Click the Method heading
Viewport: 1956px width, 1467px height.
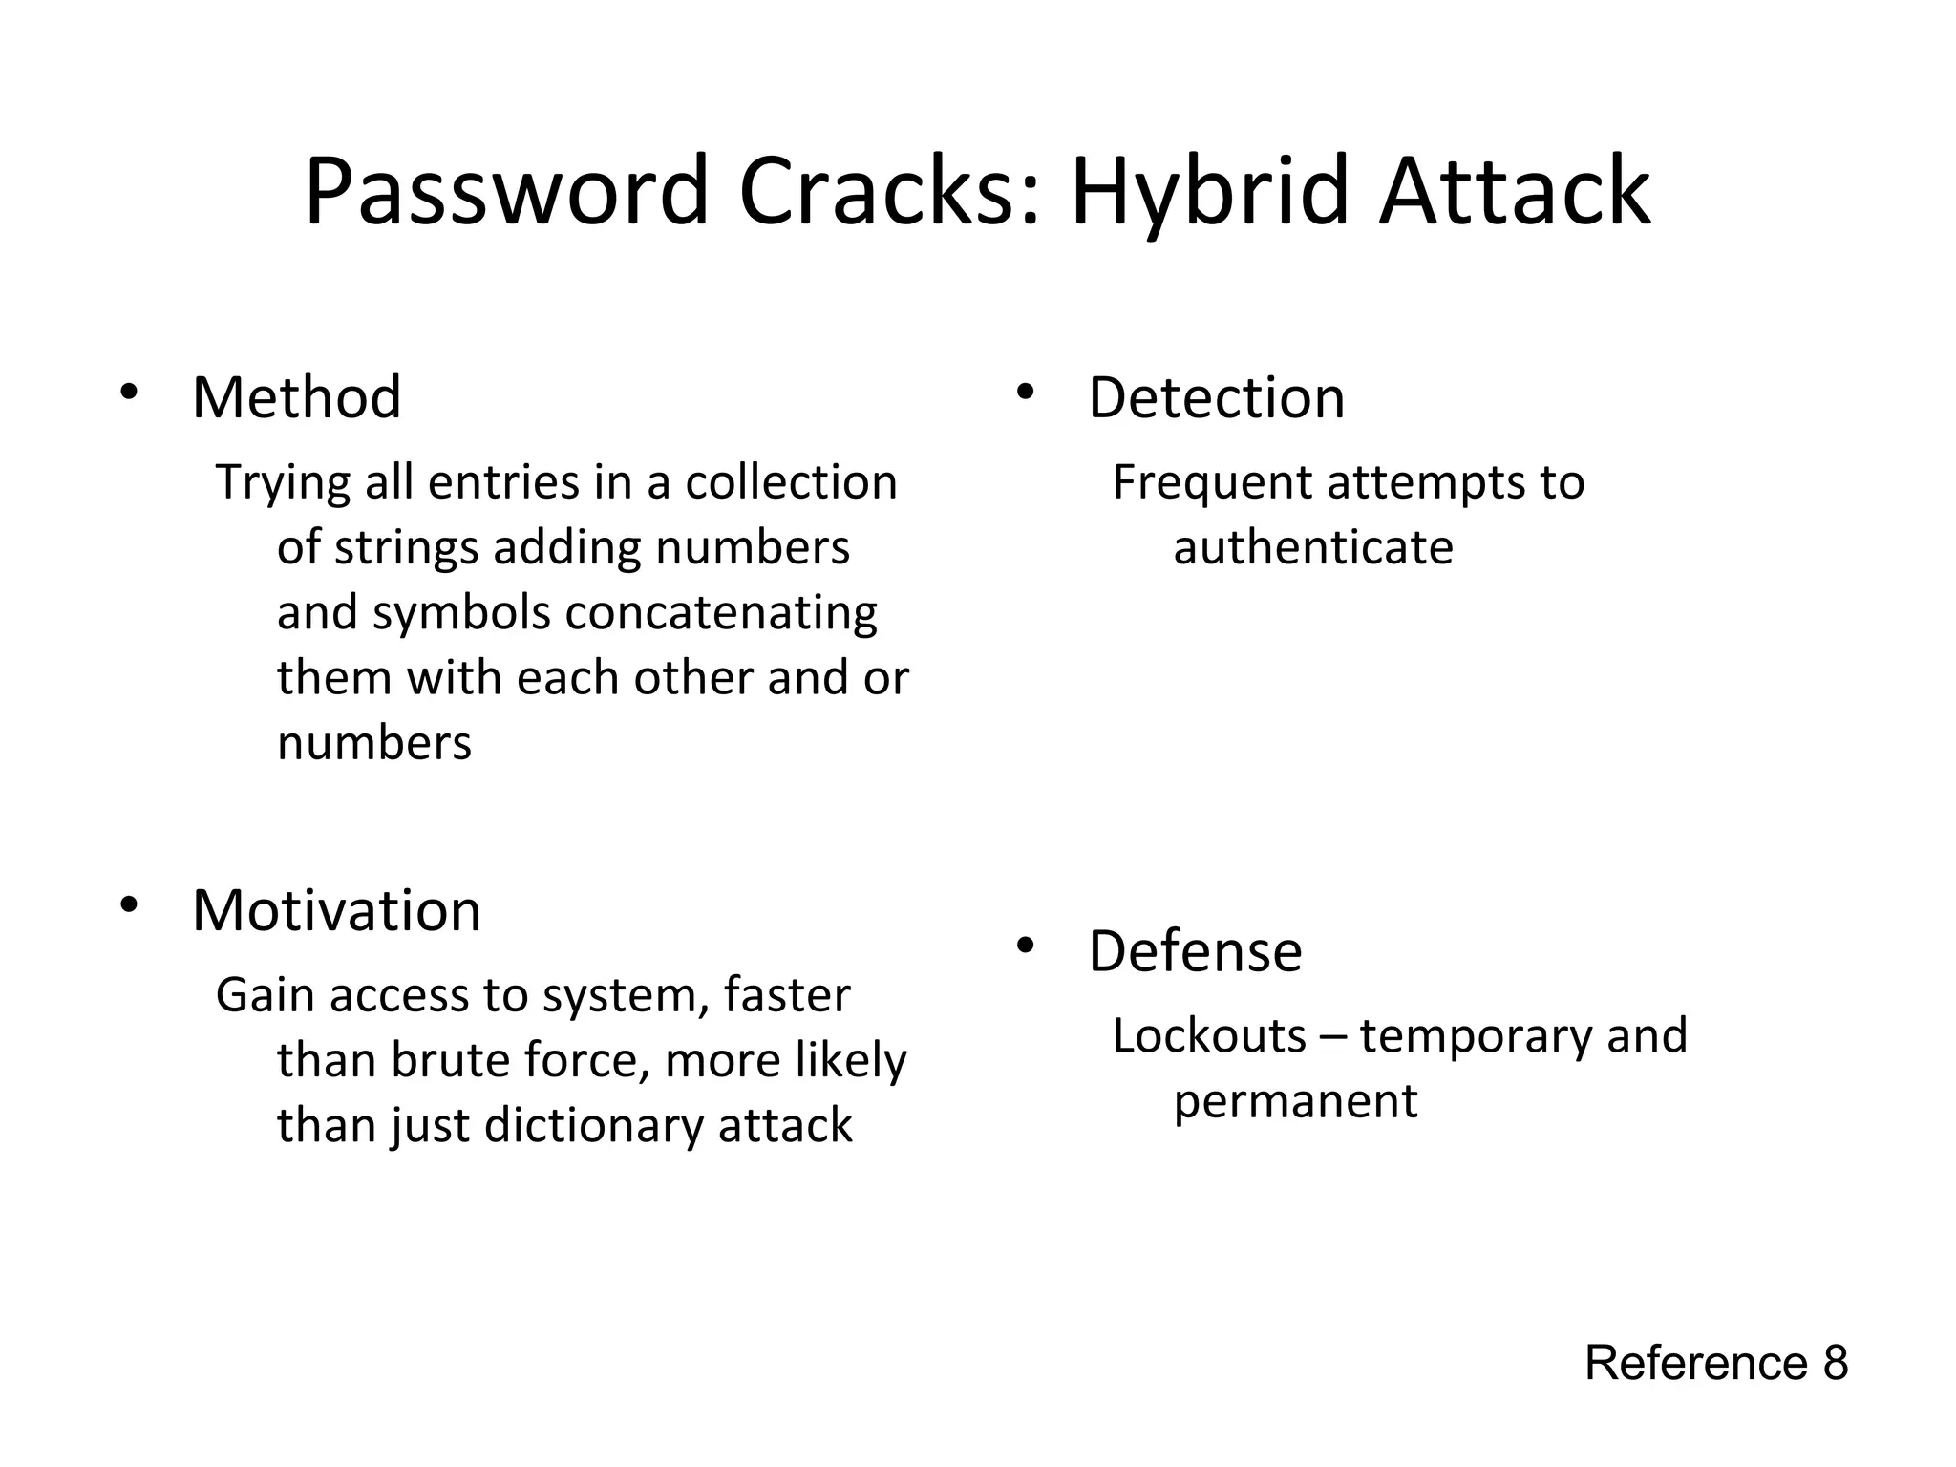(x=296, y=397)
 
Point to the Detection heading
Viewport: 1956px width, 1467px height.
(x=1216, y=397)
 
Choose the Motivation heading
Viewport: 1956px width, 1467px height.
(x=336, y=910)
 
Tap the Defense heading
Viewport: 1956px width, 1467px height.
(x=1195, y=951)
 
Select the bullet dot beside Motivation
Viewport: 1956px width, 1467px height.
(x=129, y=904)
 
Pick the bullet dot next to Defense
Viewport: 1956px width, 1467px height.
(x=1026, y=946)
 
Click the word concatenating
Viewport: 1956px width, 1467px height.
(x=721, y=613)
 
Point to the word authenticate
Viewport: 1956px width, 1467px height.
(x=1313, y=548)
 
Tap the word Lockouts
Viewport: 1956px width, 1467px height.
(x=1209, y=1036)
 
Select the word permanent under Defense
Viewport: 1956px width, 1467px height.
(x=1295, y=1101)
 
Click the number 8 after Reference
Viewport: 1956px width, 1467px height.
(x=1835, y=1363)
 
